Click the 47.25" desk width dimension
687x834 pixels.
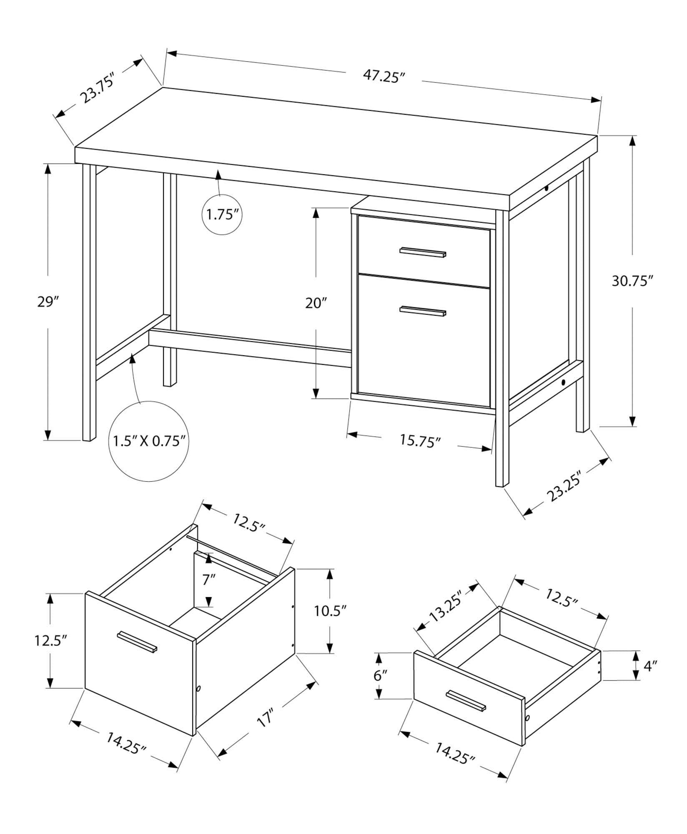click(x=384, y=76)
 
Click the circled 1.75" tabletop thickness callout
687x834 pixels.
click(x=223, y=215)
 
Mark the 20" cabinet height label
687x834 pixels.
click(x=316, y=303)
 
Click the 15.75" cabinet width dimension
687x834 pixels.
click(x=420, y=441)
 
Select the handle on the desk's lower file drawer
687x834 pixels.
click(x=423, y=311)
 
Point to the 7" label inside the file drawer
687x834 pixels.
click(x=209, y=580)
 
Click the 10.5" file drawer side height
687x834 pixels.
click(x=330, y=611)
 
